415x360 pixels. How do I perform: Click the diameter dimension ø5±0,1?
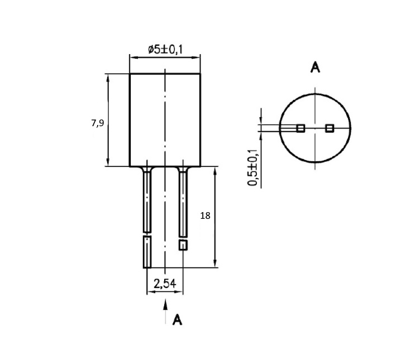coord(165,50)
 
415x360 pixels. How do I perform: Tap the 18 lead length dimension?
coord(205,215)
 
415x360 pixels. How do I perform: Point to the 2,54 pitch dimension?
coord(164,284)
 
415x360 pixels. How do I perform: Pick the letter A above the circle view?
coord(315,68)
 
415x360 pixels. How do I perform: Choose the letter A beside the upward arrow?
coord(178,320)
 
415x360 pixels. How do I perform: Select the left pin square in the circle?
coord(300,128)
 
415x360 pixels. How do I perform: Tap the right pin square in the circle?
coord(330,128)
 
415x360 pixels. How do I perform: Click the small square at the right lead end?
coord(183,245)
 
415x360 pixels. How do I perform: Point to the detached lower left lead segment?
coord(147,252)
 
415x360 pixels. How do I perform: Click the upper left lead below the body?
coord(147,201)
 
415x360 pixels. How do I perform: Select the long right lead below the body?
coord(183,204)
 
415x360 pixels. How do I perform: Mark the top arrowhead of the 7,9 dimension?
coord(108,76)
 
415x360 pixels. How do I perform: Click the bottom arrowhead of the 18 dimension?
coord(216,265)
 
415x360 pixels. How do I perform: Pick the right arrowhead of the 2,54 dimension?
coord(180,292)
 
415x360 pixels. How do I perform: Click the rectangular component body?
coord(165,120)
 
